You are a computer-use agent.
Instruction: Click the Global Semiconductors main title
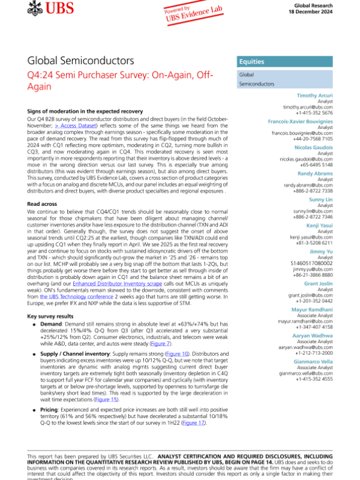pyautogui.click(x=80, y=61)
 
